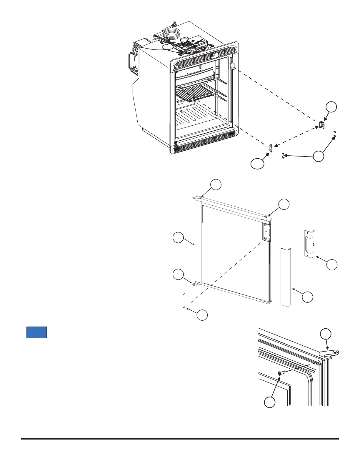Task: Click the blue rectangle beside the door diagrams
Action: pos(37,332)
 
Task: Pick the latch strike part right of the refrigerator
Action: pos(322,125)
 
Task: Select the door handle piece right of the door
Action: pos(309,242)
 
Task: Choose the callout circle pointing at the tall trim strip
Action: pos(308,297)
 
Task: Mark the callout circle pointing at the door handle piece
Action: pos(332,264)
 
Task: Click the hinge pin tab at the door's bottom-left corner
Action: pos(194,284)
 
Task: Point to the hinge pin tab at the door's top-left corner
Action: pos(194,198)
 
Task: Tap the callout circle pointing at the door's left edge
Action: pos(178,238)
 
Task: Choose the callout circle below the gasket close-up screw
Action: pos(269,402)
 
